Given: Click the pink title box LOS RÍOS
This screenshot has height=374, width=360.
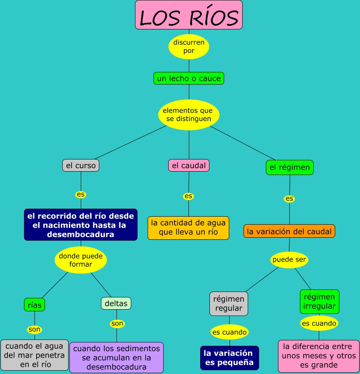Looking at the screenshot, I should point(189,15).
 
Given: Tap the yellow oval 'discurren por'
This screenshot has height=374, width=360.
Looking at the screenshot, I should point(189,47).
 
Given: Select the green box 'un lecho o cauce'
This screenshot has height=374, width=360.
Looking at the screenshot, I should point(188,78).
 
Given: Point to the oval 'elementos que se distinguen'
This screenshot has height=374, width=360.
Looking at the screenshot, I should point(188,114).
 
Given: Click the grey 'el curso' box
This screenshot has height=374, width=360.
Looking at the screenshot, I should point(81,165).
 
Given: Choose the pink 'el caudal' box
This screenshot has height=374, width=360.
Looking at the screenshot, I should point(189,165).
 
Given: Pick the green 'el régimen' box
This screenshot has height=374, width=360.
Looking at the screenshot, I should point(290,167).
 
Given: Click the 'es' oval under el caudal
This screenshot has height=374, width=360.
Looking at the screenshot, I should point(188,196).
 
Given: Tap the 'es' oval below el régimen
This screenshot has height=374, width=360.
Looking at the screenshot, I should point(289,199).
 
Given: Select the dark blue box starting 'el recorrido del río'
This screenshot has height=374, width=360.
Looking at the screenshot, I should point(81,225).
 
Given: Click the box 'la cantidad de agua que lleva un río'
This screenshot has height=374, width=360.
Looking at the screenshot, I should point(188,228).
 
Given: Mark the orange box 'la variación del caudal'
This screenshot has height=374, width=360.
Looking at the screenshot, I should point(289,231).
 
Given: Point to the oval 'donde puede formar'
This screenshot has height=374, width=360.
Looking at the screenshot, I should point(81,260).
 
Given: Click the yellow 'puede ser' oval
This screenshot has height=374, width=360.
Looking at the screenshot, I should point(289,260).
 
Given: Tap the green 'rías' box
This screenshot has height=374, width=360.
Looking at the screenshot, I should point(34,305).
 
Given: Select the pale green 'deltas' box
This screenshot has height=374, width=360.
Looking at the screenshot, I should point(116,303).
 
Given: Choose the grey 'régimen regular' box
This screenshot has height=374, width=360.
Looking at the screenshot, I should point(229,304).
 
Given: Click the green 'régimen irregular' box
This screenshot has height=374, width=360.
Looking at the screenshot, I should point(320,301).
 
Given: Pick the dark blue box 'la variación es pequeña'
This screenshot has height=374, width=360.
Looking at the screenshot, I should point(229,358).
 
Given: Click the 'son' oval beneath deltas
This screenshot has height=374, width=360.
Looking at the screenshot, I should point(117,324).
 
